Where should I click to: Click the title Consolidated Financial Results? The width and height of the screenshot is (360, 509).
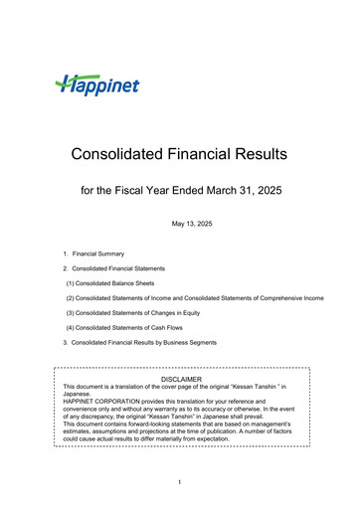click(179, 154)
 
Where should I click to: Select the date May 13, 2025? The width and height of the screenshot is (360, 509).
click(179, 223)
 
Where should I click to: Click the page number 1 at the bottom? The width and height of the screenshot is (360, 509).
click(180, 483)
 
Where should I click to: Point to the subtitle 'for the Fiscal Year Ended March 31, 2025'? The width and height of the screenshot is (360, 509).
click(179, 189)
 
